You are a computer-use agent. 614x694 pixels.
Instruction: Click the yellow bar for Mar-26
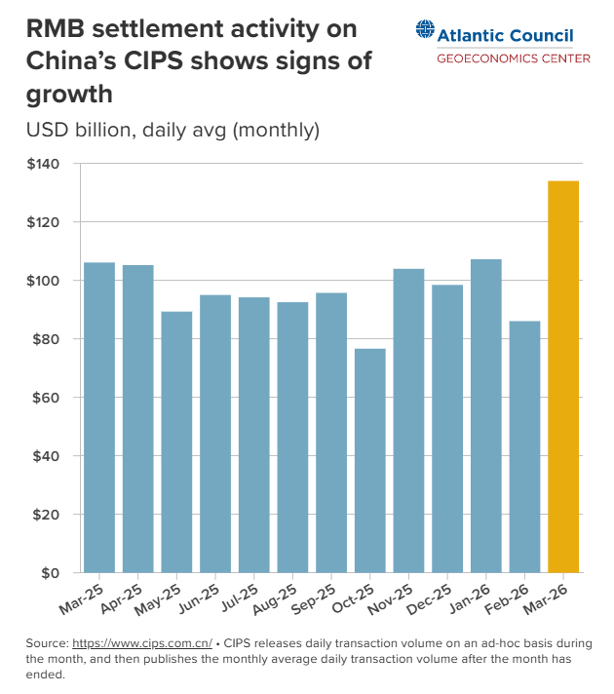pyautogui.click(x=563, y=376)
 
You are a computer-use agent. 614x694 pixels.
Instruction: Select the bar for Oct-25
pyautogui.click(x=370, y=460)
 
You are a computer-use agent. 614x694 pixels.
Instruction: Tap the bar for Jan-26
pyautogui.click(x=486, y=415)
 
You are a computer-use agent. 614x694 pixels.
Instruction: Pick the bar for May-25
pyautogui.click(x=176, y=442)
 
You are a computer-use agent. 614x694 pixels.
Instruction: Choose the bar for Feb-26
pyautogui.click(x=524, y=446)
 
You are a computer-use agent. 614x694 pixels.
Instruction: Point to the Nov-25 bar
pyautogui.click(x=408, y=420)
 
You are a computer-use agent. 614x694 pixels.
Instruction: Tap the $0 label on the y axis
pyautogui.click(x=51, y=572)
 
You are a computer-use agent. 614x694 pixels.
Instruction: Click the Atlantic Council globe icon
pyautogui.click(x=425, y=33)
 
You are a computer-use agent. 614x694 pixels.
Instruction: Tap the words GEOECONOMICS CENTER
pyautogui.click(x=513, y=58)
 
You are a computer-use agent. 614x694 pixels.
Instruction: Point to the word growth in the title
pyautogui.click(x=70, y=95)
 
